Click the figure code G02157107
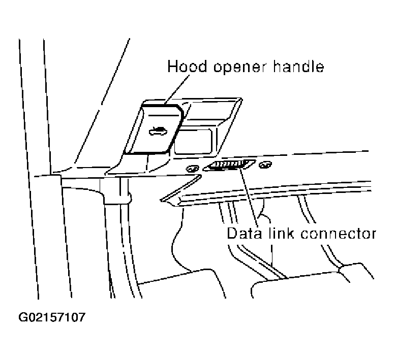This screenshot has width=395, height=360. click(52, 318)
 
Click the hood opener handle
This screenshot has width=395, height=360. click(153, 129)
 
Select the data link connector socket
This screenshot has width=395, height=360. click(229, 166)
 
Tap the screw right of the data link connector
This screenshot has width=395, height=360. click(264, 165)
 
